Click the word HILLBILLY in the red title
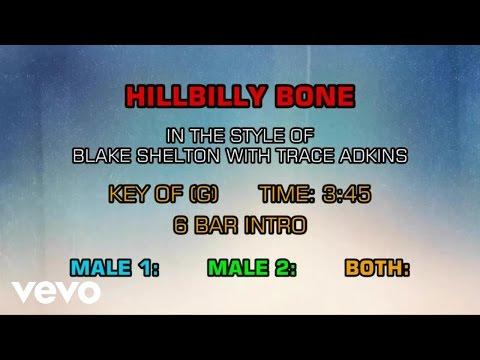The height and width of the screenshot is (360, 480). tap(195, 96)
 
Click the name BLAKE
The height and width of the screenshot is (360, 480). tap(102, 155)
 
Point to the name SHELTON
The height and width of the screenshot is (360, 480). tap(178, 155)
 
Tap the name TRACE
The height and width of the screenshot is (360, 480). tap(305, 155)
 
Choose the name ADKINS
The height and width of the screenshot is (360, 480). tap(373, 155)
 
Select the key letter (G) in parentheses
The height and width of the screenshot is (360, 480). tap(204, 194)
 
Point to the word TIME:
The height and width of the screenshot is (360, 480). tap(287, 194)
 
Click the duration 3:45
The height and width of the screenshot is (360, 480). tap(346, 194)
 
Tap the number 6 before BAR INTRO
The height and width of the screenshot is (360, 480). tap(180, 225)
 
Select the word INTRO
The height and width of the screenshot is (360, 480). tap(275, 225)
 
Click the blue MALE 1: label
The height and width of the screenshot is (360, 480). tap(114, 268)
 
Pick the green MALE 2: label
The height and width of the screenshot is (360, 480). tap(252, 268)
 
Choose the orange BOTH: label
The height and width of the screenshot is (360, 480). tap(377, 268)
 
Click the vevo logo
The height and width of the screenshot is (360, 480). tap(56, 292)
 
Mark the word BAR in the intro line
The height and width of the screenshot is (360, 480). tap(216, 225)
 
